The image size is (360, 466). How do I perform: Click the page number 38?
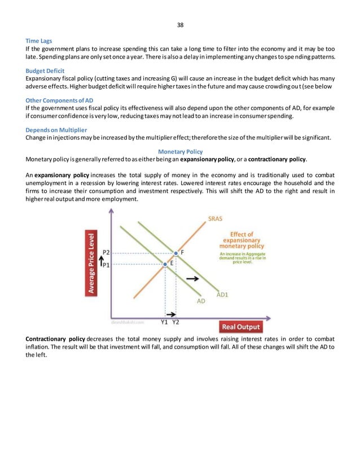point(180,25)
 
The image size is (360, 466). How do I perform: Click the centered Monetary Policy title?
point(180,152)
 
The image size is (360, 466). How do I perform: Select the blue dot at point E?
point(165,263)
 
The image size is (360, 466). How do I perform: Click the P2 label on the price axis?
point(106,253)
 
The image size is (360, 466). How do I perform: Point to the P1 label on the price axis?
point(106,264)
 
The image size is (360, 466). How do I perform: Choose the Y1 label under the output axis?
point(164,322)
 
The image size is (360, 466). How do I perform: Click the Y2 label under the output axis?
point(175,322)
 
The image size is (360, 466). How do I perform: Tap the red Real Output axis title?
point(240,327)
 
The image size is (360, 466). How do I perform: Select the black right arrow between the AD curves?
point(192,279)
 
